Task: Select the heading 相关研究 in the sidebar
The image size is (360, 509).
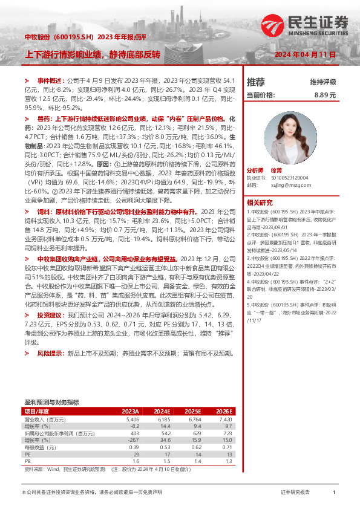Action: [x=259, y=203]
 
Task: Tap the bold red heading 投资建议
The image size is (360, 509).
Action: [x=51, y=315]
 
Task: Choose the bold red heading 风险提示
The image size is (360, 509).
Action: [x=51, y=352]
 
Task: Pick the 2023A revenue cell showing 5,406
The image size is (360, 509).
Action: [x=132, y=419]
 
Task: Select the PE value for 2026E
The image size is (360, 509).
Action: [x=227, y=453]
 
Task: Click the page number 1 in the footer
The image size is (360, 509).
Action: [x=334, y=493]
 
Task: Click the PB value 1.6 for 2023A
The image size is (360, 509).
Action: [x=135, y=460]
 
